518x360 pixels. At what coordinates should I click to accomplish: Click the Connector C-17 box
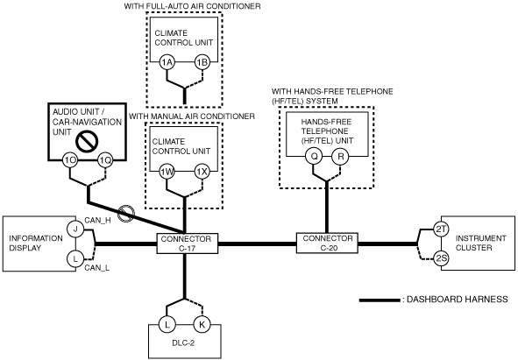188,244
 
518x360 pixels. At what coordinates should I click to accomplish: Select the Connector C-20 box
327,244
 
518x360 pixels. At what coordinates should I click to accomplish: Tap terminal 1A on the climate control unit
167,62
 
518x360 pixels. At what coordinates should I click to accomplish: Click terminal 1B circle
202,62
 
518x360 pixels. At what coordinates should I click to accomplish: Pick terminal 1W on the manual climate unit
167,172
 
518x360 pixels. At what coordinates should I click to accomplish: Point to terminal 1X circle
202,172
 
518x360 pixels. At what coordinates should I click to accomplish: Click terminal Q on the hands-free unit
314,156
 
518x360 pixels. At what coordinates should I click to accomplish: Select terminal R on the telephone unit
340,156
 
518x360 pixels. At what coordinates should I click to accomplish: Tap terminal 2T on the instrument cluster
441,229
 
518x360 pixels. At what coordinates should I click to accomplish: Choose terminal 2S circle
441,258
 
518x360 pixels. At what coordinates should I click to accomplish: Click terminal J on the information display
75,229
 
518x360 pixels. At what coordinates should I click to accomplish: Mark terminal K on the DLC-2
202,324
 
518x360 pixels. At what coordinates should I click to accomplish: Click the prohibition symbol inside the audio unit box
87,142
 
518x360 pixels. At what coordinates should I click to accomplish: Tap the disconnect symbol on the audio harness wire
126,214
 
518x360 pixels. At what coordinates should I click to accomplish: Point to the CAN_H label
97,220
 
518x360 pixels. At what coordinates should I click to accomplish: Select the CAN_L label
96,267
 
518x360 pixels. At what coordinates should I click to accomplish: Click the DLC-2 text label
183,342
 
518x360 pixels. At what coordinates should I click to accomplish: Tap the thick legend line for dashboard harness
380,300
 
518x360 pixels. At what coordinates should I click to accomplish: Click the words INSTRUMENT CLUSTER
480,243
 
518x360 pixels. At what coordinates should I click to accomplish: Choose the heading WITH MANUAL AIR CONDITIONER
192,116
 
